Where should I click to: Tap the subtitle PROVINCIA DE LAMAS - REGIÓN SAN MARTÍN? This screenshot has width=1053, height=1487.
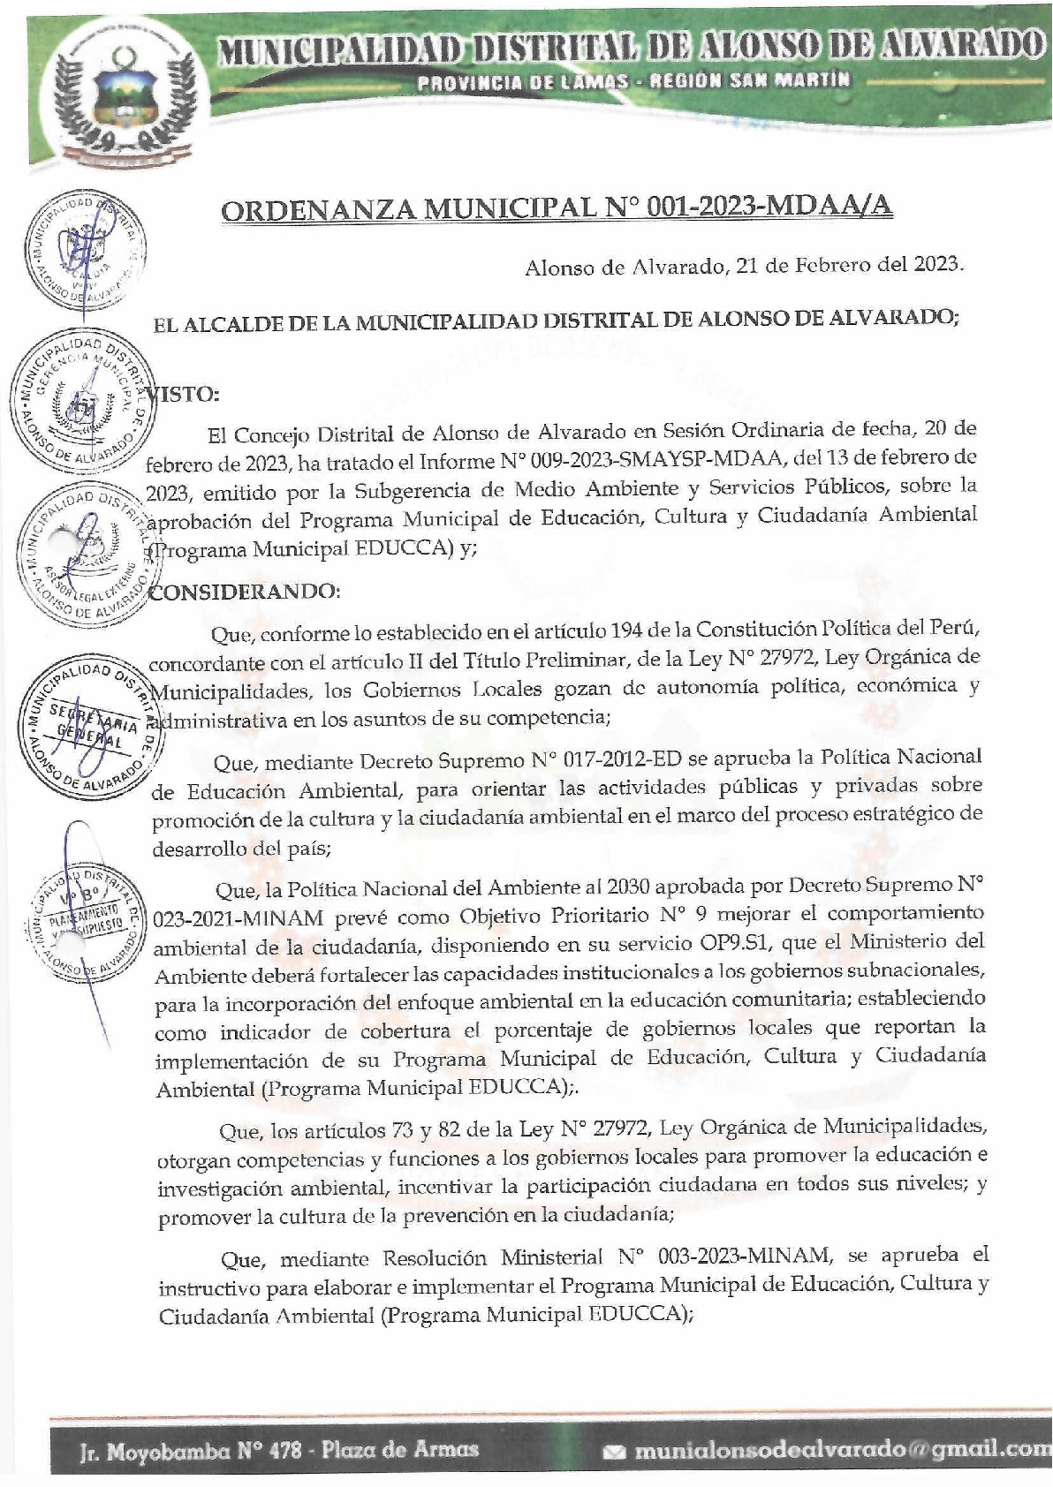(635, 81)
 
